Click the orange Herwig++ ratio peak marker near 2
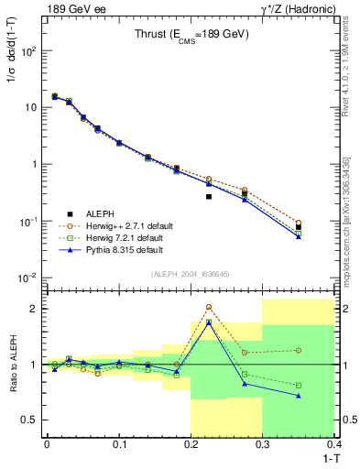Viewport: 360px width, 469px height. tap(209, 307)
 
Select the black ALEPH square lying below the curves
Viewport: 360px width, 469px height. tap(209, 196)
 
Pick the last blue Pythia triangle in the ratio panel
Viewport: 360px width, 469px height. tap(299, 396)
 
